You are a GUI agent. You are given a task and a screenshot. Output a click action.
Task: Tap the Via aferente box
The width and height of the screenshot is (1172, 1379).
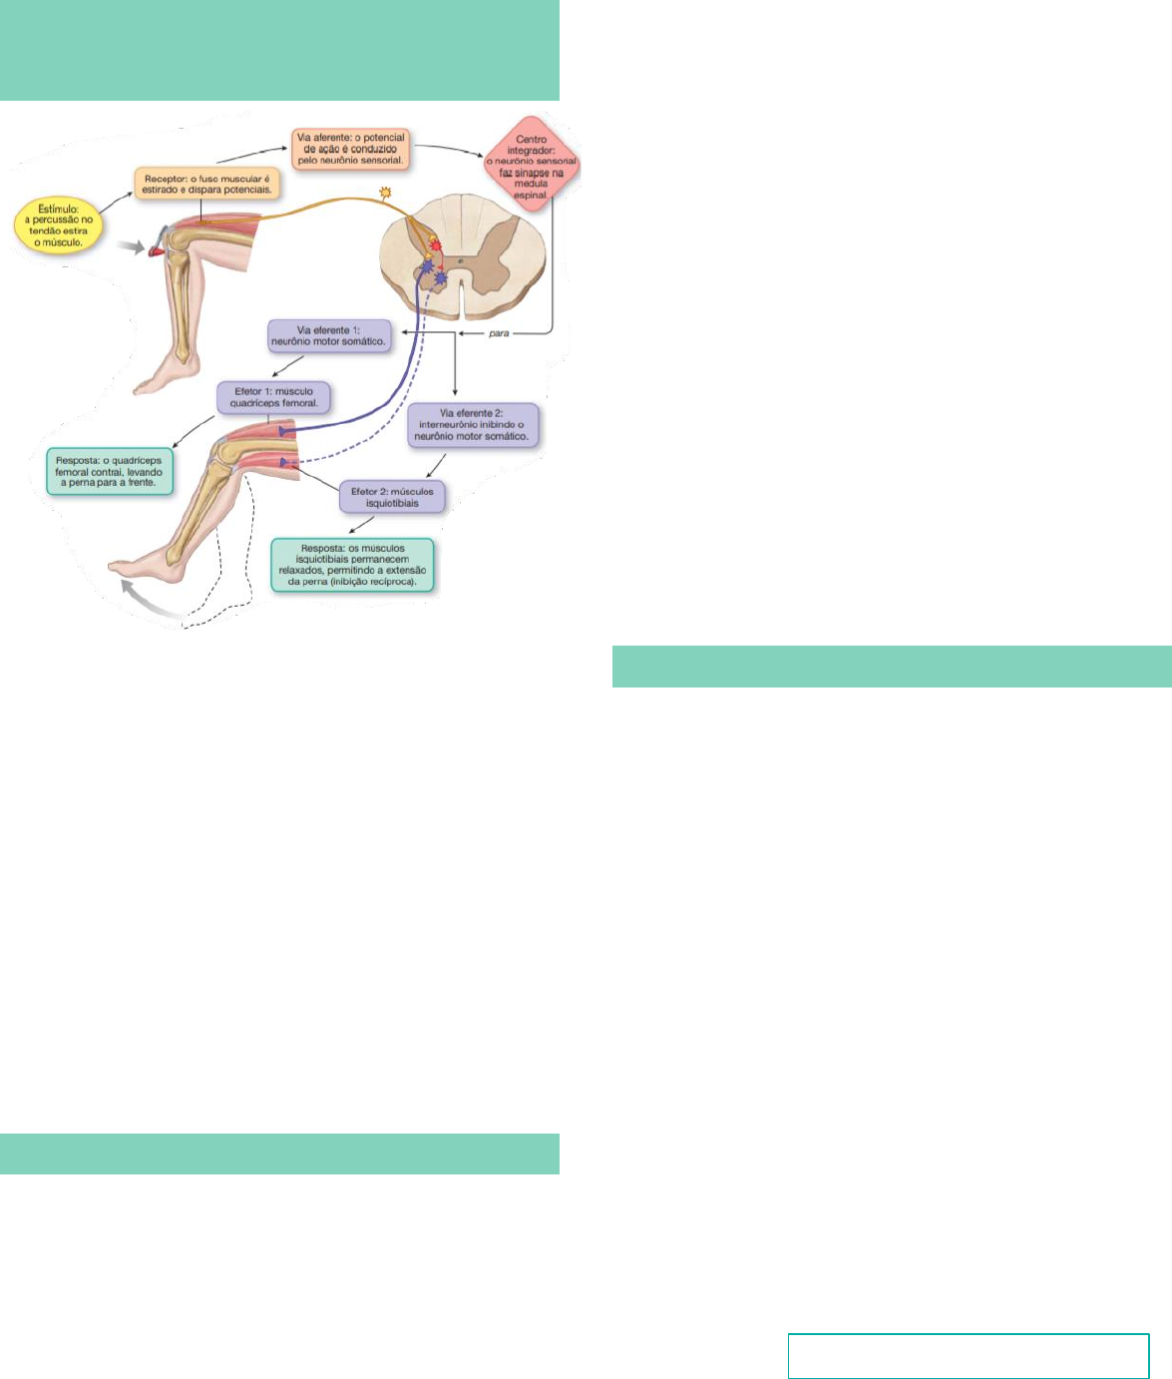tap(351, 148)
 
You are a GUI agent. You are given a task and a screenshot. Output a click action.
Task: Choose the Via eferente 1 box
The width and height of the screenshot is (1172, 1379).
tap(328, 335)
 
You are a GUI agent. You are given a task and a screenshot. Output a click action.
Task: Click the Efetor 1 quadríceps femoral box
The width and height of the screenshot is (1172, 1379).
tap(274, 398)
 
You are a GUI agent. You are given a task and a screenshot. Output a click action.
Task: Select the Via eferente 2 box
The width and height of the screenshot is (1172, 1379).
tap(473, 425)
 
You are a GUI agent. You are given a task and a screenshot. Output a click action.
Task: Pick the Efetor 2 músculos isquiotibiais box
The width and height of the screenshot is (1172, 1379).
tap(392, 497)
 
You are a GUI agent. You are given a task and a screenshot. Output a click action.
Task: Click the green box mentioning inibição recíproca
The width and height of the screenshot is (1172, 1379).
tap(352, 566)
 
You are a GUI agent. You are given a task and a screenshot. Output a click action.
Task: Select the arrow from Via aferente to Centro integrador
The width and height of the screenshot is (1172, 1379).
tap(450, 153)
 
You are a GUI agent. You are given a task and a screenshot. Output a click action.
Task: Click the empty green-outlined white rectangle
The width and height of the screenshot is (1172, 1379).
tap(968, 1355)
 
